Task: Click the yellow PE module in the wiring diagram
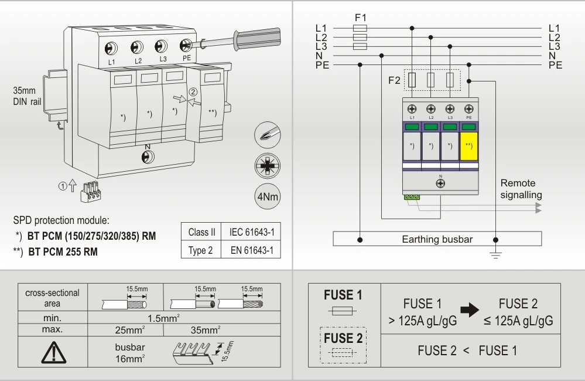point(468,145)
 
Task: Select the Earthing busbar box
point(437,239)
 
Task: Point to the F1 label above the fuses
point(361,17)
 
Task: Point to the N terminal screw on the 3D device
point(147,156)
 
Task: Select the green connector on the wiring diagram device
point(412,197)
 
